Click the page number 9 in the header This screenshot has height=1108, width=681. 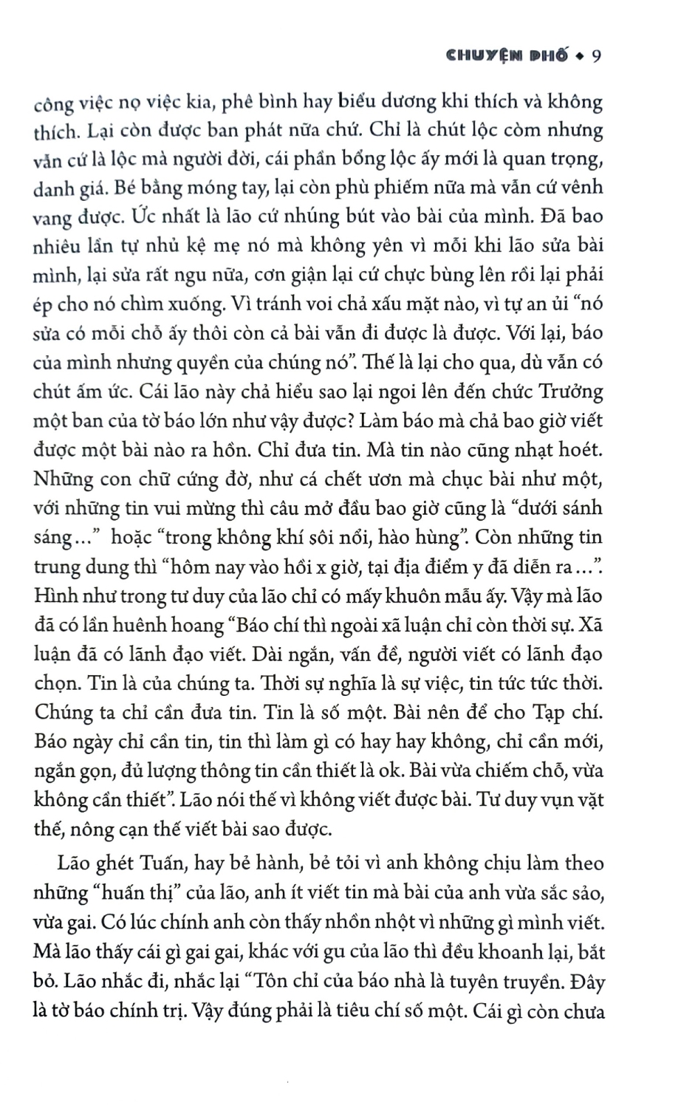598,56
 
